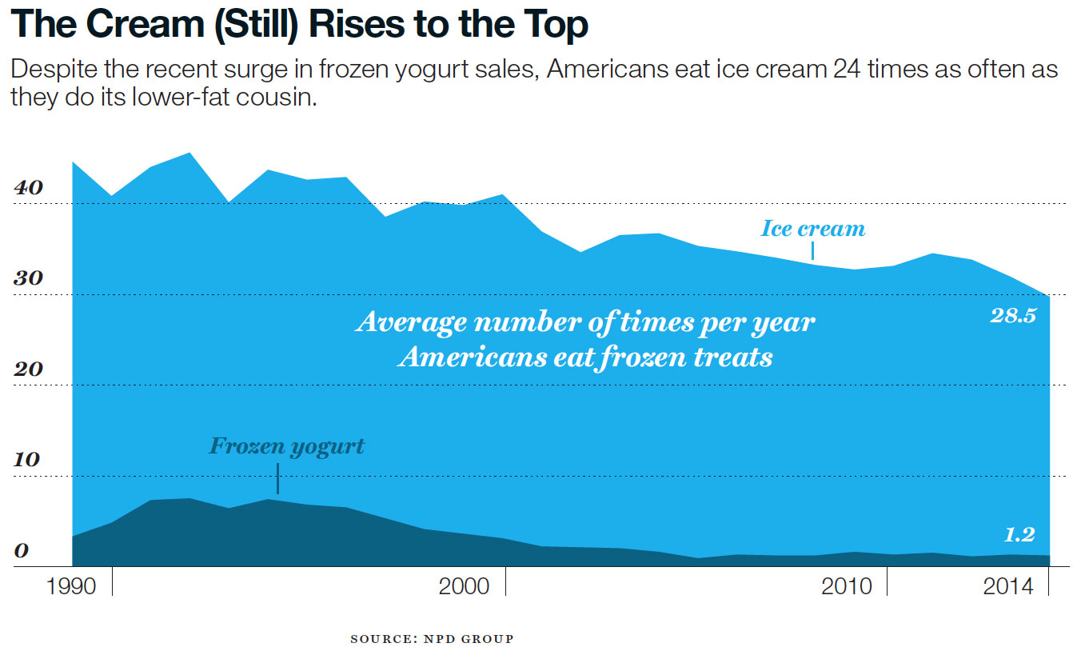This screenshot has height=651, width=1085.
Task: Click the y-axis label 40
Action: pyautogui.click(x=28, y=189)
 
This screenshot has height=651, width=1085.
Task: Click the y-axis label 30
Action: pyautogui.click(x=28, y=280)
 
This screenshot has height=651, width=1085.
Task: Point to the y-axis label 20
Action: pyautogui.click(x=28, y=370)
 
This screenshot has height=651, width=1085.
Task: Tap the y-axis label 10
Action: pyautogui.click(x=28, y=461)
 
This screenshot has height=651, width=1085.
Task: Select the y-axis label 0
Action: pyautogui.click(x=22, y=552)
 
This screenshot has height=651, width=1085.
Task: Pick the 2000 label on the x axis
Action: pyautogui.click(x=465, y=586)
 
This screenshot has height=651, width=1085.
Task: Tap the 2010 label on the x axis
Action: pyautogui.click(x=848, y=586)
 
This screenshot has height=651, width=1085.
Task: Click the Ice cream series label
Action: pyautogui.click(x=812, y=229)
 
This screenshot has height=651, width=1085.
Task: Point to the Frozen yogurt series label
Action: pyautogui.click(x=286, y=445)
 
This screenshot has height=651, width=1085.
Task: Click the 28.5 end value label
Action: pyautogui.click(x=1013, y=316)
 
